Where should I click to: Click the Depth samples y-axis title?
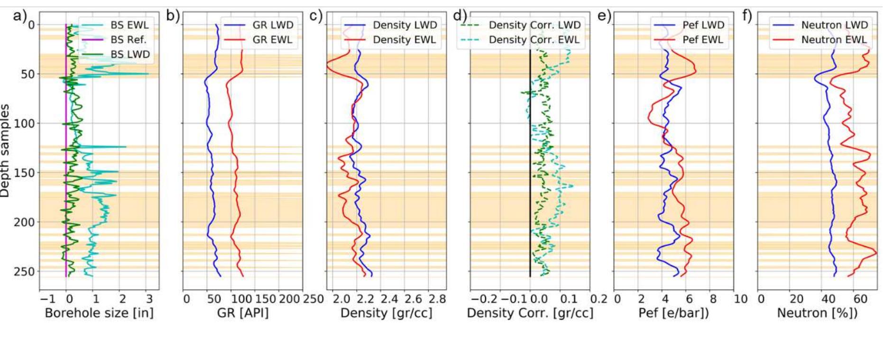(5, 151)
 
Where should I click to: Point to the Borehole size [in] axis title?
(99, 313)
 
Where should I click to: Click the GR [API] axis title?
(243, 313)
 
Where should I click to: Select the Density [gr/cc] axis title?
(386, 313)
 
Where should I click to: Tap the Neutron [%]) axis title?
(817, 313)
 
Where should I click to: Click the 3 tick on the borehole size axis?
(149, 299)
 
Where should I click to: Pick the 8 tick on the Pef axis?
(713, 299)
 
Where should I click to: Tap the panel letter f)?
(747, 16)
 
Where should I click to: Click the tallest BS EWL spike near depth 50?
(147, 74)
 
